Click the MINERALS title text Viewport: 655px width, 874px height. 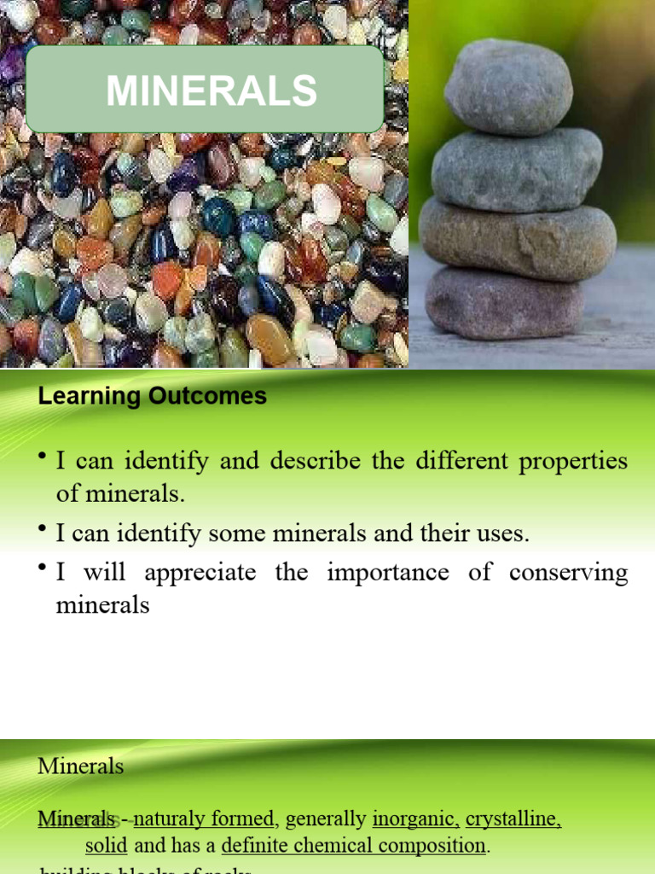(211, 90)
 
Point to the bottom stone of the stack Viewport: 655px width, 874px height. (504, 303)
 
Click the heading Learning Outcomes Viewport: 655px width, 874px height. (152, 397)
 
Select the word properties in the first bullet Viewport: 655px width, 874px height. (572, 462)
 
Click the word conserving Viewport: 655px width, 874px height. (568, 572)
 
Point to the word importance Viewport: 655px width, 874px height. (387, 572)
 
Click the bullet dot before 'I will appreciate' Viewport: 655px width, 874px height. (42, 568)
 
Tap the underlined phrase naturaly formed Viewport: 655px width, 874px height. (205, 819)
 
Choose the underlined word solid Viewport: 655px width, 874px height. (106, 846)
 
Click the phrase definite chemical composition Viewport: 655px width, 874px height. (353, 846)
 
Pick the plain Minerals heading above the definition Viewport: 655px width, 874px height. (80, 766)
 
